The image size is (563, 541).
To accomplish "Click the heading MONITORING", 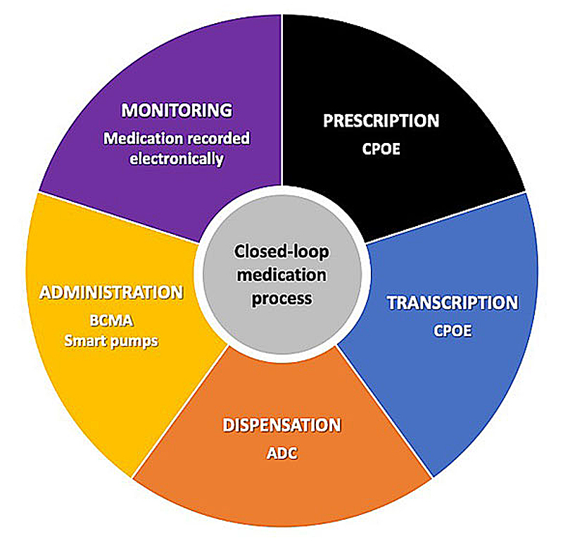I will [x=177, y=111].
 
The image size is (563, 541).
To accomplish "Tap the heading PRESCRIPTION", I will [x=381, y=120].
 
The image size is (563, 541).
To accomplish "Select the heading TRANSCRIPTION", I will [x=453, y=303].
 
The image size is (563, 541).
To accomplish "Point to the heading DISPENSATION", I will [x=281, y=425].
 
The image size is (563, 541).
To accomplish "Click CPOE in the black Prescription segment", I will [x=381, y=149].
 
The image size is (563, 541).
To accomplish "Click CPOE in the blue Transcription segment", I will [x=453, y=330].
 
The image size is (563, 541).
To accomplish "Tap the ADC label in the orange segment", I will [x=281, y=453].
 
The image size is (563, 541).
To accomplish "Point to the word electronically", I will [x=177, y=158].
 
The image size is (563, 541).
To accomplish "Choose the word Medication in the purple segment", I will [x=137, y=138].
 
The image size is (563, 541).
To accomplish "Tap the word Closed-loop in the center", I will [x=281, y=251].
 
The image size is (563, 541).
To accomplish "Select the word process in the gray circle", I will [x=281, y=298].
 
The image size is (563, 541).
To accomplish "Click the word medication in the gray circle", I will [x=281, y=275].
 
